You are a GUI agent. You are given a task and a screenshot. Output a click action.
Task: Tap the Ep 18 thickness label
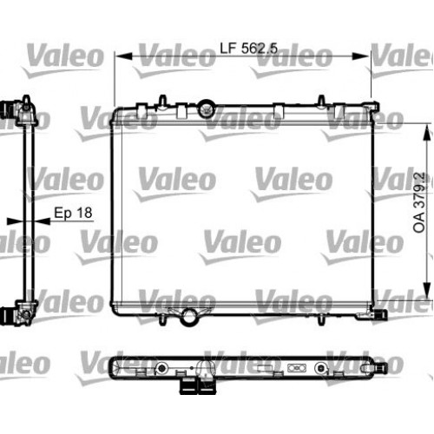[x=73, y=212]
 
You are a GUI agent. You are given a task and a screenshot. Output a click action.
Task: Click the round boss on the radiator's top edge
[x=206, y=108]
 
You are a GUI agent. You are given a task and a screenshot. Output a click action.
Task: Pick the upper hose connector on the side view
[x=12, y=112]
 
